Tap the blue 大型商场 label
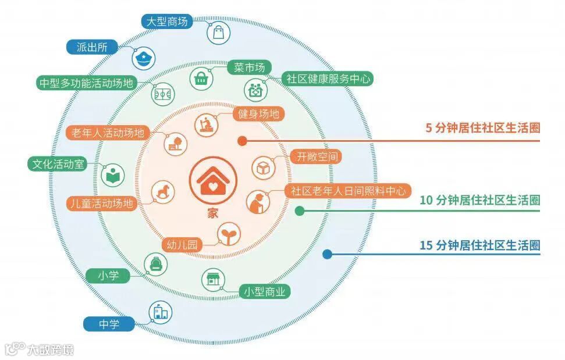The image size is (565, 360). [166, 22]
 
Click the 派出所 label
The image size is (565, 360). [91, 48]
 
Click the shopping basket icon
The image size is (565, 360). [201, 77]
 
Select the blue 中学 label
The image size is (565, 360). [109, 324]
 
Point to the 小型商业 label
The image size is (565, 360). [265, 291]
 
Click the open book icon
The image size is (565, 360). [112, 174]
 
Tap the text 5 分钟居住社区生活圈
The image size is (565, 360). [483, 129]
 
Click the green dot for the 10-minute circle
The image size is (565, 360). [300, 211]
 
